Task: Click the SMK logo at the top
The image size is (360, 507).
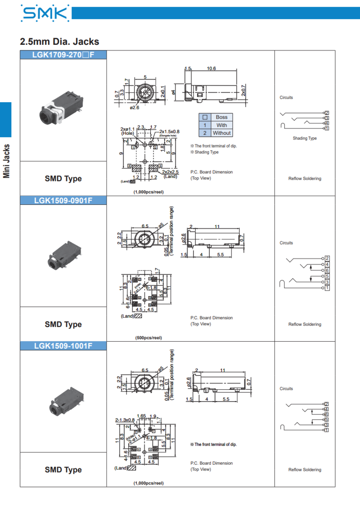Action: [44, 14]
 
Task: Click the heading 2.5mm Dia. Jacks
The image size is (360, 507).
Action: [59, 41]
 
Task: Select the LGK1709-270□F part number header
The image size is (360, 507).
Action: [63, 55]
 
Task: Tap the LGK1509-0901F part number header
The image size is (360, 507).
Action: [63, 200]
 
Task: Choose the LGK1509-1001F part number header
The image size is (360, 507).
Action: [63, 346]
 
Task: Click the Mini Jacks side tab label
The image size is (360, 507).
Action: [6, 161]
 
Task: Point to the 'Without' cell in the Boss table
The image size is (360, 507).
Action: [221, 133]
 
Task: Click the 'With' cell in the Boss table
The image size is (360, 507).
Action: [221, 125]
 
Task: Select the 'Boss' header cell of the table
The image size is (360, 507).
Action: [221, 117]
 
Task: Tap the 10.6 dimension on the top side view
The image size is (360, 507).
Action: [211, 68]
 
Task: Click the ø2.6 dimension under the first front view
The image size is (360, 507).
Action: [134, 108]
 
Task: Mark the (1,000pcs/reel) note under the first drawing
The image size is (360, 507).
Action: [149, 192]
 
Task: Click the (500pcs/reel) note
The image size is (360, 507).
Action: [149, 337]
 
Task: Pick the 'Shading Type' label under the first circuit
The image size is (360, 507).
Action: [304, 138]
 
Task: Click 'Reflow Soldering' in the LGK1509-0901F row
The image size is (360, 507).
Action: [305, 324]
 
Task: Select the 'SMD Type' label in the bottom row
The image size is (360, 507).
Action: [63, 470]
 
